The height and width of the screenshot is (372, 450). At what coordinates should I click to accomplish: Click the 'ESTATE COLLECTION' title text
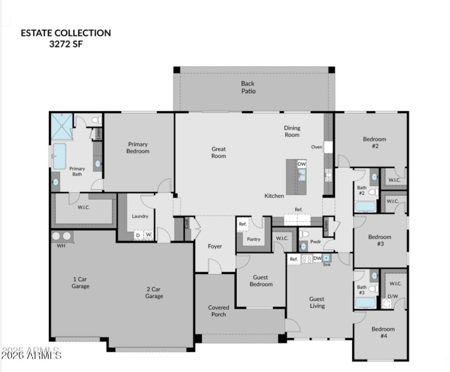(x=66, y=33)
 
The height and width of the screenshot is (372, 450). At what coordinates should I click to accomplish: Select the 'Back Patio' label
(x=248, y=87)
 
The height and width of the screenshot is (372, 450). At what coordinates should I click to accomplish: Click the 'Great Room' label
(x=219, y=153)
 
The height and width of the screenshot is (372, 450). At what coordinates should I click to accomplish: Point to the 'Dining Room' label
(x=292, y=131)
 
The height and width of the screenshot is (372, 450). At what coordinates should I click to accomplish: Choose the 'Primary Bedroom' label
(x=138, y=147)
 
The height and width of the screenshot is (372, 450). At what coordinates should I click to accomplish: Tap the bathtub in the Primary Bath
(x=59, y=156)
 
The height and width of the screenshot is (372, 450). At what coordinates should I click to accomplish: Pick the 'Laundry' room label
(x=140, y=216)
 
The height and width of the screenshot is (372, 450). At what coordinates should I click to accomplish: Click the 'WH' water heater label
(x=61, y=246)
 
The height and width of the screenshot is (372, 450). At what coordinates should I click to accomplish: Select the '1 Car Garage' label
(x=81, y=283)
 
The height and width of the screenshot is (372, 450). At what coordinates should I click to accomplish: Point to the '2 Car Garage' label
(x=154, y=293)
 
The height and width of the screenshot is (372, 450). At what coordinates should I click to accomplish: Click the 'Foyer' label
(x=214, y=246)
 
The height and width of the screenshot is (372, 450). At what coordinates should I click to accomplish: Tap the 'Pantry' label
(x=254, y=239)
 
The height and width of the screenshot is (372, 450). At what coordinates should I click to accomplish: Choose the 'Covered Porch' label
(x=218, y=311)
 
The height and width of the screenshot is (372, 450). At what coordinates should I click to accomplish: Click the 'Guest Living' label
(x=317, y=302)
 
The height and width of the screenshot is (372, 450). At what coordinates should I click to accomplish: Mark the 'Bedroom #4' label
(x=383, y=332)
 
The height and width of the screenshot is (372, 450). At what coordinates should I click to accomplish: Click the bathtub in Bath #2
(x=365, y=205)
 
